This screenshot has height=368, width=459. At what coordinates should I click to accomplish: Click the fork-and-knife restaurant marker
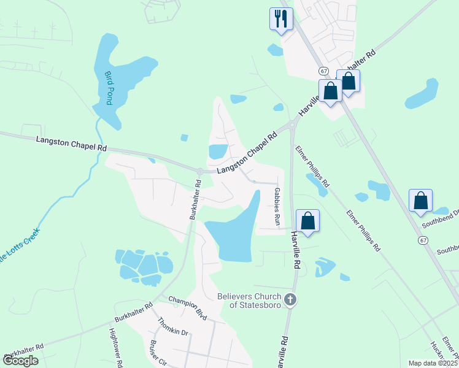coord(281,18)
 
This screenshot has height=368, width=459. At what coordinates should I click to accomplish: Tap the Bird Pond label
coord(109,88)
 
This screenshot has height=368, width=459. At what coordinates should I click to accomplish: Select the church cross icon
coord(291,300)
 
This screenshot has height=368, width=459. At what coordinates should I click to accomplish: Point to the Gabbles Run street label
coord(277,205)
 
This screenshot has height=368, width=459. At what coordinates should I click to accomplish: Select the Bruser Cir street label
coord(158,353)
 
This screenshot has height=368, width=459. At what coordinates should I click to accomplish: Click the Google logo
coord(20,361)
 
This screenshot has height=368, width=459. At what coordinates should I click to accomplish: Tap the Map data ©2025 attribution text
coord(433,363)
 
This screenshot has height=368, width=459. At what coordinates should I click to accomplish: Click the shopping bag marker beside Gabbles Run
coord(307,221)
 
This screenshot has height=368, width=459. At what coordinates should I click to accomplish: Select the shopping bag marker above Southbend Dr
coord(420,201)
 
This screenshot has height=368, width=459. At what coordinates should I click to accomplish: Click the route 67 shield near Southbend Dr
coord(423,240)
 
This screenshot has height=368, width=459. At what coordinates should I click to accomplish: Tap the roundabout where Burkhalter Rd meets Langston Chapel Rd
coord(201,171)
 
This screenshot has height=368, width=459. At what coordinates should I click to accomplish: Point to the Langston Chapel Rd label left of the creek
coord(71,144)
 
